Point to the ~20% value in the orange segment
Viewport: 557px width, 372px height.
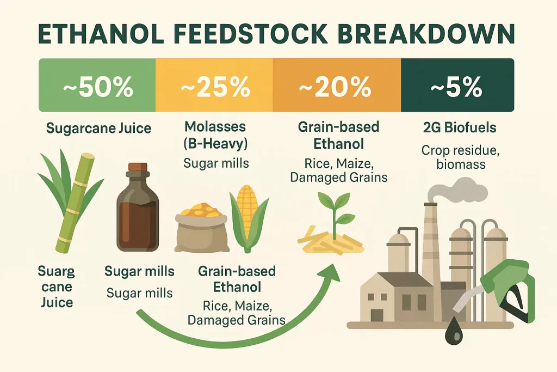click(x=336, y=87)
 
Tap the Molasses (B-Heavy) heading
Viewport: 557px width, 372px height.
click(x=215, y=135)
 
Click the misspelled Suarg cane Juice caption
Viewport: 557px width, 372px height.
click(x=56, y=286)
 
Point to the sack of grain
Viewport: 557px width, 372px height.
click(x=200, y=229)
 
